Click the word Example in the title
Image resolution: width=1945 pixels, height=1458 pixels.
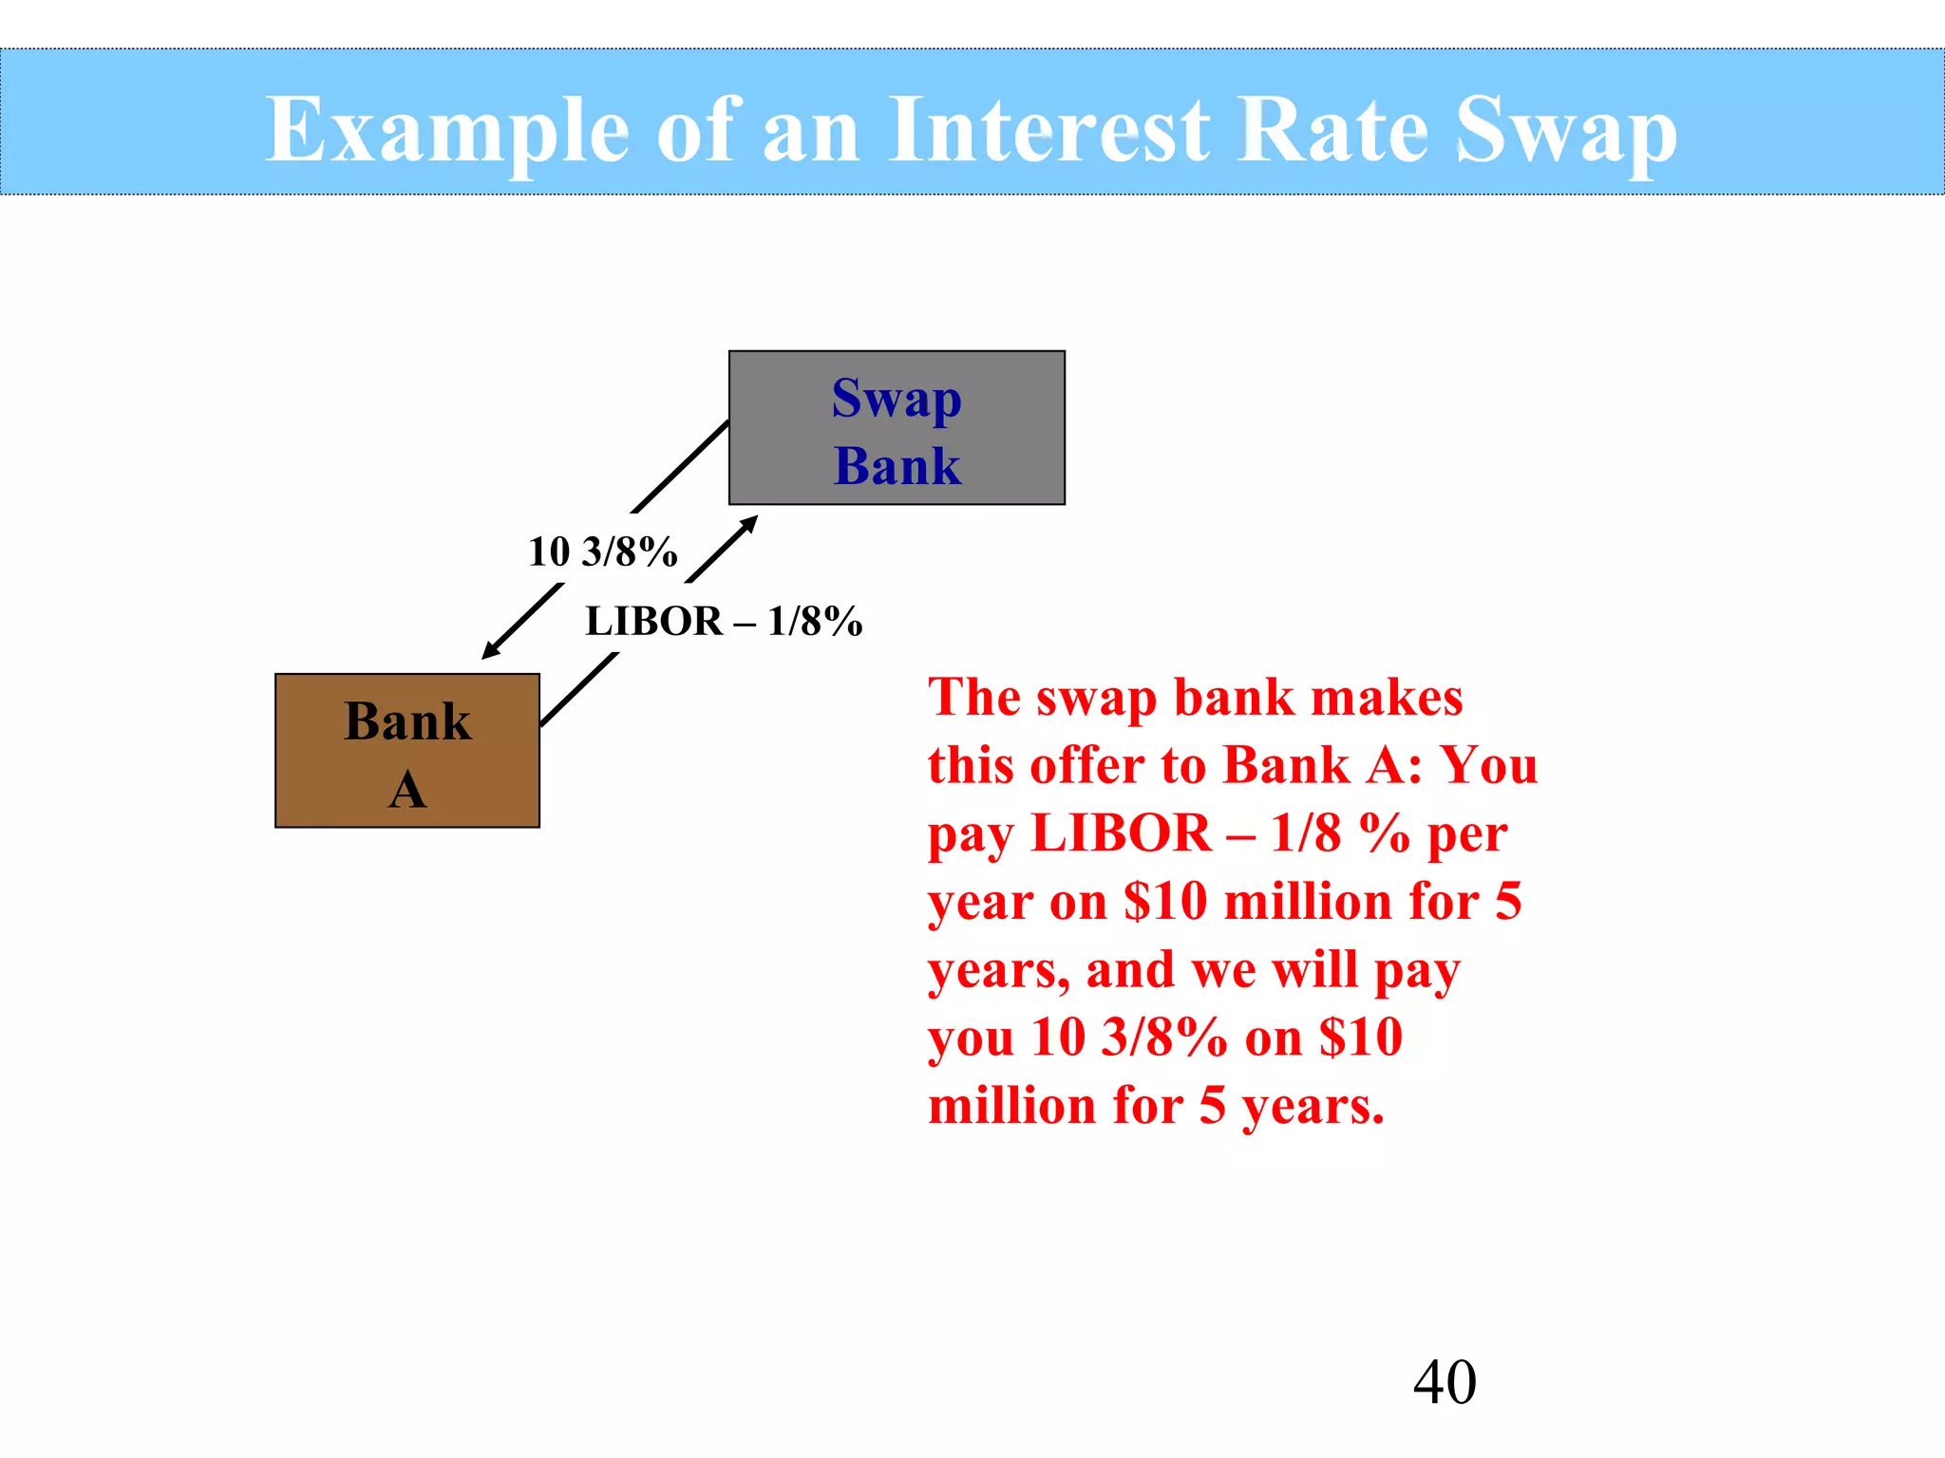(446, 130)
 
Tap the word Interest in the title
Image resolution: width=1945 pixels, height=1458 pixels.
(1049, 130)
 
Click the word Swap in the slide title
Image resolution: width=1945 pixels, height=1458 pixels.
(1566, 130)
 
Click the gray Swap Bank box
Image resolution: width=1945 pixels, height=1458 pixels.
(897, 428)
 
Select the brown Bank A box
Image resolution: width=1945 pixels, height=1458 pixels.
(406, 751)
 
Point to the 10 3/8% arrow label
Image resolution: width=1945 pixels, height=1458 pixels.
(603, 551)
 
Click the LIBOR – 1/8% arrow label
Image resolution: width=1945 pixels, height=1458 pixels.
(724, 622)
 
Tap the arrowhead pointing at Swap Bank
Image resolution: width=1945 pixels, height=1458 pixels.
(749, 523)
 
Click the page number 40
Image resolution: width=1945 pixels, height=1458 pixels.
(1445, 1381)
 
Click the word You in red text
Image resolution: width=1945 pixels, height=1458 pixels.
(1489, 765)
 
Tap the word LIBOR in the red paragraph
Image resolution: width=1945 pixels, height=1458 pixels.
(1121, 833)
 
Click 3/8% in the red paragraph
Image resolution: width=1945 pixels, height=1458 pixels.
(1164, 1037)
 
